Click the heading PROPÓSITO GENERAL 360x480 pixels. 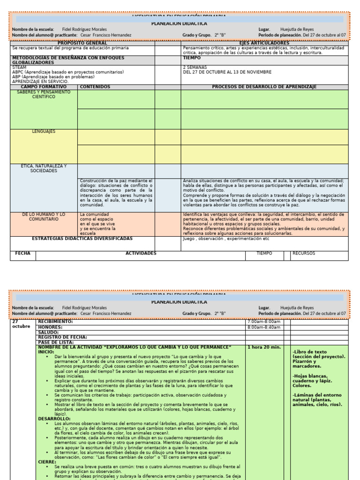tap(82, 43)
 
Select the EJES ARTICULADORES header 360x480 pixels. tap(264, 43)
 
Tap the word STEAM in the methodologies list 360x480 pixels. tap(19, 67)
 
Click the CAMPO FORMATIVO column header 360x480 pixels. tap(44, 87)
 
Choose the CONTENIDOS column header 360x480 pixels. tap(95, 87)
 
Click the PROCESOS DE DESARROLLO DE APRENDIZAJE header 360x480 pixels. tap(264, 87)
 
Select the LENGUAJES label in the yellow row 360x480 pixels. tap(44, 132)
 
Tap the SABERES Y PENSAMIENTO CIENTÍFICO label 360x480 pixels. tap(44, 94)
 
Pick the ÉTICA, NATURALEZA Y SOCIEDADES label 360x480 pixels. tap(44, 168)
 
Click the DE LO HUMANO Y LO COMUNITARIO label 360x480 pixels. tap(44, 217)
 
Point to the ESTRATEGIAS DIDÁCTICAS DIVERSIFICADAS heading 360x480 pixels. tap(82, 239)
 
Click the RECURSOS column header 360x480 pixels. tap(304, 254)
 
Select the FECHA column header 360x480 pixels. tap(22, 254)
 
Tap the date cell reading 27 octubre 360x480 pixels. tap(21, 324)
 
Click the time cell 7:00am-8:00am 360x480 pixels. tap(263, 322)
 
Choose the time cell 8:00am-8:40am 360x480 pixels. tap(263, 327)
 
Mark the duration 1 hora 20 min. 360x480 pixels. tap(263, 347)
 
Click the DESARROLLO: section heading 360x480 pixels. tap(54, 419)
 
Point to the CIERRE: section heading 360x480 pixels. tap(47, 462)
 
